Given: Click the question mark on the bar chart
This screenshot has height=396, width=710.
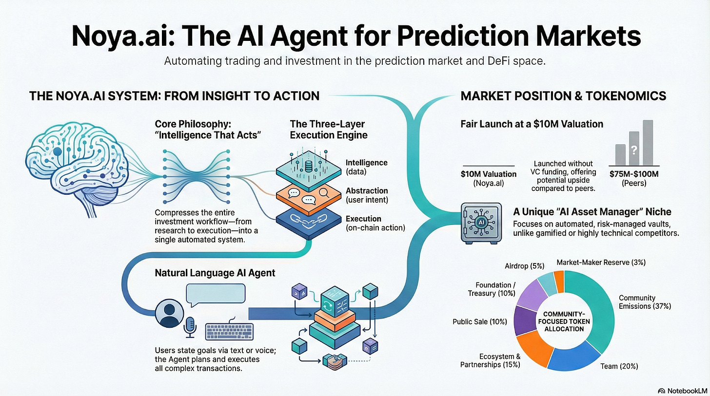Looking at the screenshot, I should click(633, 150).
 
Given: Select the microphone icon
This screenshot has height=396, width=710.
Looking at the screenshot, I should click(190, 327).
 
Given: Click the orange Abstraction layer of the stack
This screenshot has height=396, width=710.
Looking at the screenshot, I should click(308, 198).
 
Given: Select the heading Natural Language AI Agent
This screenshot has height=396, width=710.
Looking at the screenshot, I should click(215, 273).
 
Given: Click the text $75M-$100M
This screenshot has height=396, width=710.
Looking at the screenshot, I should click(634, 174).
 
